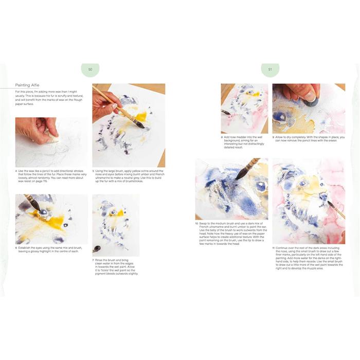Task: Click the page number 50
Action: point(90,69)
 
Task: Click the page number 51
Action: point(270,69)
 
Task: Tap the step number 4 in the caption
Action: point(16,170)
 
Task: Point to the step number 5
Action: point(93,170)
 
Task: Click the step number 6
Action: point(16,247)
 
